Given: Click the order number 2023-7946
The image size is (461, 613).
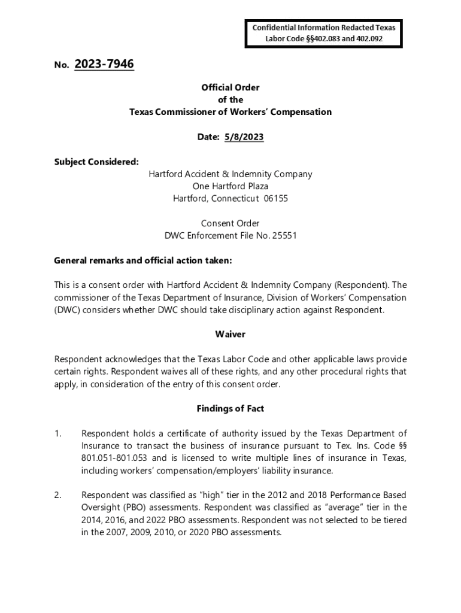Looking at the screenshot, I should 104,64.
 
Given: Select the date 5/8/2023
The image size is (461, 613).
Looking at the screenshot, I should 244,137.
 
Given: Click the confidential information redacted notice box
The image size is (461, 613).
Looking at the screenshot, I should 323,33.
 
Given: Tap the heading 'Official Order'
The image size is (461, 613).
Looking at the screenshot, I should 230,87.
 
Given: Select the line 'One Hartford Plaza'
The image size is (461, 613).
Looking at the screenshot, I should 230,186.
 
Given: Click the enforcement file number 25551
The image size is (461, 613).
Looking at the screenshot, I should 284,235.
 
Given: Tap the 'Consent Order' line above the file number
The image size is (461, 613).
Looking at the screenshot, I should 230,223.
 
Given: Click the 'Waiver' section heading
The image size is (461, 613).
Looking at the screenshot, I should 230,334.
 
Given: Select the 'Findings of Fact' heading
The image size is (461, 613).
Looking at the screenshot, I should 230,408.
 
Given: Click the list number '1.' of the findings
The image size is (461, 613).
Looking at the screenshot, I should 57,433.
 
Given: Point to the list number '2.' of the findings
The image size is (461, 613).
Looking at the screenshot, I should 57,495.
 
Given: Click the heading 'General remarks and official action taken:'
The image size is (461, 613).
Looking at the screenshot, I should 142,260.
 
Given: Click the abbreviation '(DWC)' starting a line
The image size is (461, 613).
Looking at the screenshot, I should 67,309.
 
